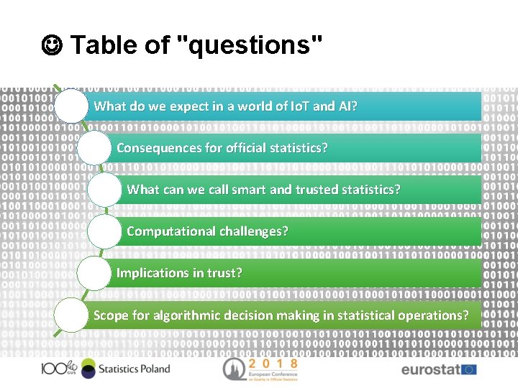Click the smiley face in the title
pyautogui.click(x=53, y=45)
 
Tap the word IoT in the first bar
pyautogui.click(x=299, y=106)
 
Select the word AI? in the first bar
pyautogui.click(x=347, y=106)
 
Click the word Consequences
pyautogui.click(x=159, y=148)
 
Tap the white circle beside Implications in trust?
pyautogui.click(x=94, y=274)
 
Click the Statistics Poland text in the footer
pyautogui.click(x=133, y=369)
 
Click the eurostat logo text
pyautogui.click(x=430, y=370)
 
